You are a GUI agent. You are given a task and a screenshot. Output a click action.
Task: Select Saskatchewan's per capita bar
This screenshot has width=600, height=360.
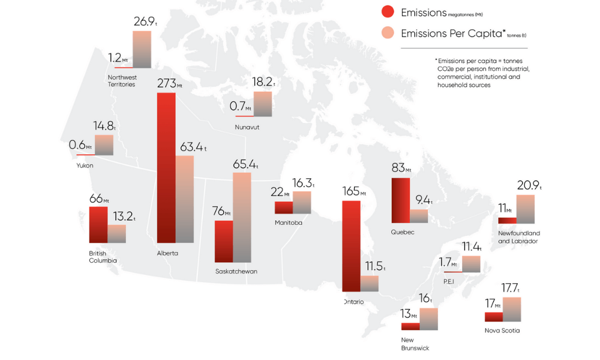click(242, 217)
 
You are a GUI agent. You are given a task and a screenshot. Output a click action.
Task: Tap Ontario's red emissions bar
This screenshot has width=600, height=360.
click(351, 246)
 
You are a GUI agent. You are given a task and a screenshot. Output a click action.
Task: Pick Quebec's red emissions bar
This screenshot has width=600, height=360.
click(400, 201)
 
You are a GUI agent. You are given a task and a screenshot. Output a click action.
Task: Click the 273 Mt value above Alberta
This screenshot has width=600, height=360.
click(169, 83)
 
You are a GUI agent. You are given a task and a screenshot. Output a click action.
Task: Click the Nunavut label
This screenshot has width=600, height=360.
click(247, 128)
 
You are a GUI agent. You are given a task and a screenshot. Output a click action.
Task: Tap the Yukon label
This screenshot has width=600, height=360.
click(85, 166)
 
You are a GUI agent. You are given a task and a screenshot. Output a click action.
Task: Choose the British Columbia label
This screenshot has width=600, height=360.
click(103, 257)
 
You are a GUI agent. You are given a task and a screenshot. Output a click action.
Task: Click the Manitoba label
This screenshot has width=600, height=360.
click(288, 223)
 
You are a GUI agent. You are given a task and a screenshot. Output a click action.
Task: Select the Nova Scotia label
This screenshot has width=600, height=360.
click(502, 331)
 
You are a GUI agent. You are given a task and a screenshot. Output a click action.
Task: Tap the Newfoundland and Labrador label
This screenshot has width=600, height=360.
click(519, 237)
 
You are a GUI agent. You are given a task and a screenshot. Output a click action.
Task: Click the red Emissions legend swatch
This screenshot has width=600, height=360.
click(387, 12)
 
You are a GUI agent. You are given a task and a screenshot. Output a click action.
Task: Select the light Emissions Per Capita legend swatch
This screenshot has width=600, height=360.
click(387, 33)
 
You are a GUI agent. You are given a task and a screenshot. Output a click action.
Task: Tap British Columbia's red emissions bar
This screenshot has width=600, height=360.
click(98, 224)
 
